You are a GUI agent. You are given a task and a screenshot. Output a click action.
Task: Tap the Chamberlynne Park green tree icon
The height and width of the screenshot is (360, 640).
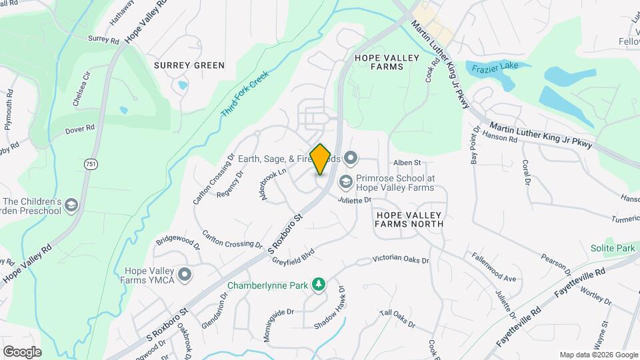319,285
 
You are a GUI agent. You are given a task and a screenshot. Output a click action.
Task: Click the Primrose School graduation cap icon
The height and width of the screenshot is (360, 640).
345,181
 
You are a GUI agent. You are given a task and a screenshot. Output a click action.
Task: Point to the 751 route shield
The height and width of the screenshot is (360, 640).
90,163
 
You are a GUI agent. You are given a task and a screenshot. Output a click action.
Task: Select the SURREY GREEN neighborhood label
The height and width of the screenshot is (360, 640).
189,65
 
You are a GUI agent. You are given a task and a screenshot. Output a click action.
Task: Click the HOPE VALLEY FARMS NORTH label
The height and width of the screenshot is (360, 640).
409,219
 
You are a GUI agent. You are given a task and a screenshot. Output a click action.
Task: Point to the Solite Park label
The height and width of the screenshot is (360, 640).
612,248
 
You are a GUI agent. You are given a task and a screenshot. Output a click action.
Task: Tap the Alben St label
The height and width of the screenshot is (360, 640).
407,162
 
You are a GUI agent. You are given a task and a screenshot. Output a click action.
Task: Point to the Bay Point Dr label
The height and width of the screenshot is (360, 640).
475,146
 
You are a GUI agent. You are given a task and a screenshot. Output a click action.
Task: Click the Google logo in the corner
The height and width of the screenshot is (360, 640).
22,351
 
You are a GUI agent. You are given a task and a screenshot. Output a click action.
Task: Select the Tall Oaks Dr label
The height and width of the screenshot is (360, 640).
397,319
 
